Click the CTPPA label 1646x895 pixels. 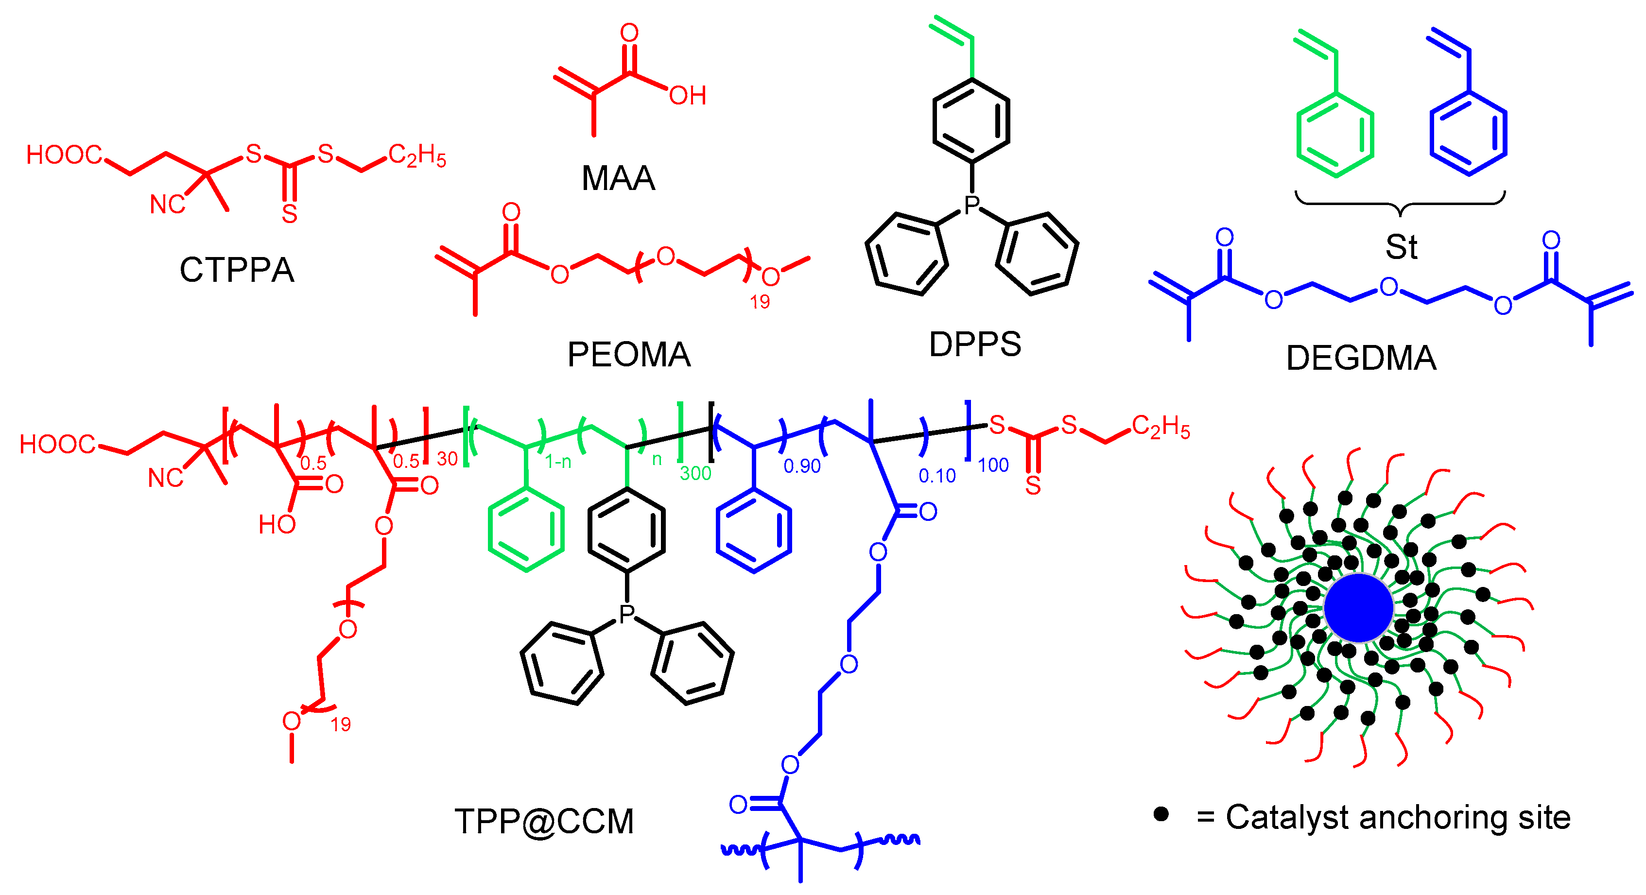(236, 270)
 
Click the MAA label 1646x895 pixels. (618, 178)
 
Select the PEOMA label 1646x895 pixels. (629, 355)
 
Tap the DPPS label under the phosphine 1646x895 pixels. (974, 344)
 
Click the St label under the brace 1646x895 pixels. (1401, 247)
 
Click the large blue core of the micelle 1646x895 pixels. (1358, 607)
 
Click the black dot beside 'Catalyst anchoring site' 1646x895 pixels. (1161, 814)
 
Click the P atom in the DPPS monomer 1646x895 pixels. (972, 205)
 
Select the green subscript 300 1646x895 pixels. (695, 473)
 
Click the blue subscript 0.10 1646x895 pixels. (937, 476)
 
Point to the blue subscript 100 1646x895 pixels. (993, 465)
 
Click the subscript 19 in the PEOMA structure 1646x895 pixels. (760, 302)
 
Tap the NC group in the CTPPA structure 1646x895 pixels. (167, 205)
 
